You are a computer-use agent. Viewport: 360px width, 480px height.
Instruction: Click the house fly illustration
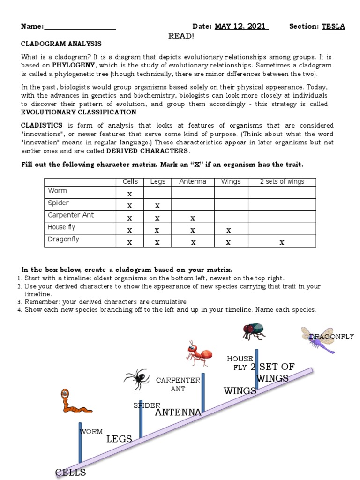tap(254, 331)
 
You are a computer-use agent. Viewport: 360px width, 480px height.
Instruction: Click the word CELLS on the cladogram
tap(70, 472)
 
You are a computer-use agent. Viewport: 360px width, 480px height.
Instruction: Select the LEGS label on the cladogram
tap(119, 439)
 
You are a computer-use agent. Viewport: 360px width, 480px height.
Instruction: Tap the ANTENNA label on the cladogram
tap(178, 412)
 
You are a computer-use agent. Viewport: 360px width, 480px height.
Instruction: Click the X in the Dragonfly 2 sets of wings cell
tap(282, 242)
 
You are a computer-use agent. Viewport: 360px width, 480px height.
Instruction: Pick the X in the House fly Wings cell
tap(228, 230)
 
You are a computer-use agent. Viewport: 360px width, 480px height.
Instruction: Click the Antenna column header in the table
tap(193, 181)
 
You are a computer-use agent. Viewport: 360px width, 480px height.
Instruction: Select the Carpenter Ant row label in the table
tap(71, 215)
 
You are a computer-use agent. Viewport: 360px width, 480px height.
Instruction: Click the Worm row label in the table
tap(58, 190)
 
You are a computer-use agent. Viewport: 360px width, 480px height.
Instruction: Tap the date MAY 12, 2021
tap(241, 26)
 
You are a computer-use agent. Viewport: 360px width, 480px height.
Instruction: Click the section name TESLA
tap(333, 26)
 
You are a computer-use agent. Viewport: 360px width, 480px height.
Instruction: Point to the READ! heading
tap(180, 36)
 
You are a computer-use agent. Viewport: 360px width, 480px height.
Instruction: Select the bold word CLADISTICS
tap(42, 125)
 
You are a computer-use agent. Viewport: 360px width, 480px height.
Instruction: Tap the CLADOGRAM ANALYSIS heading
tap(61, 44)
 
